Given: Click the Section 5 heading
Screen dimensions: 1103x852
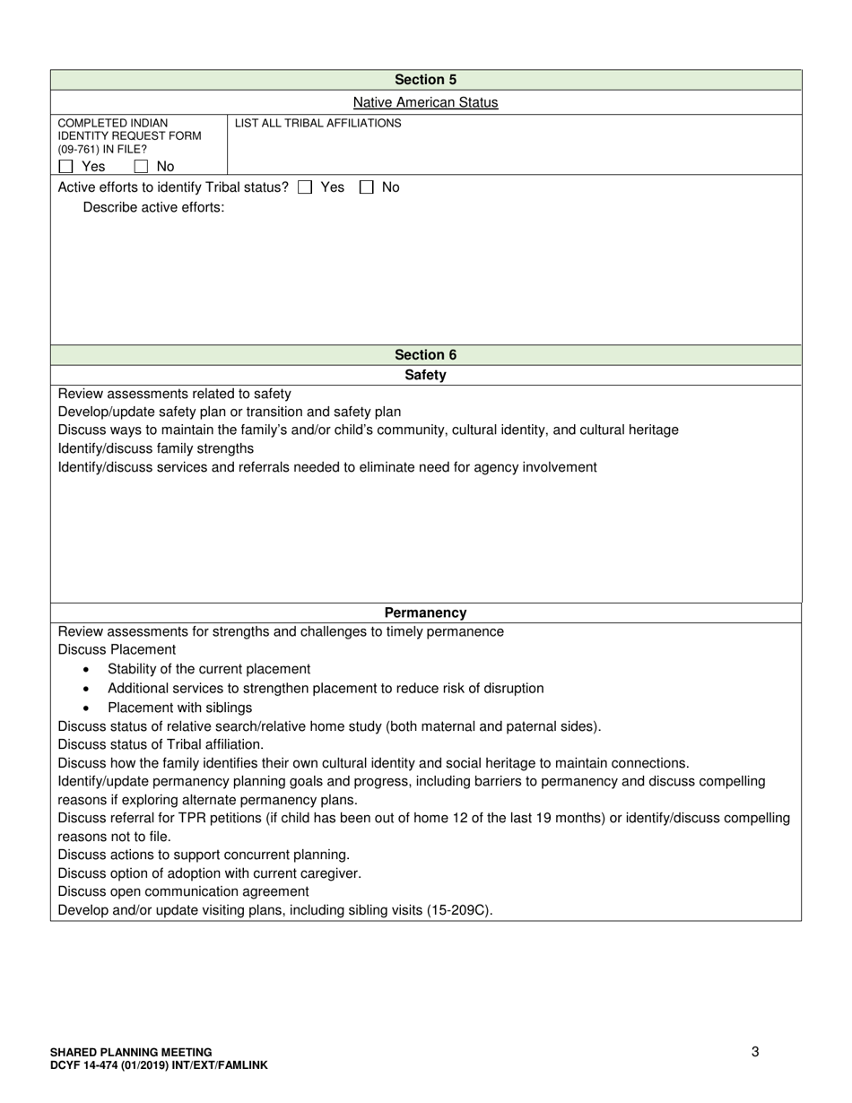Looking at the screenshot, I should [x=425, y=80].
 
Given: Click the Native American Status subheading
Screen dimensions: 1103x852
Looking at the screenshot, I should [x=425, y=102].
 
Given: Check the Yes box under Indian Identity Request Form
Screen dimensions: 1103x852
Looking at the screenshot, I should [x=65, y=167].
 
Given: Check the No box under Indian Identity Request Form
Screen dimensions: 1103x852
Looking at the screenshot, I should [x=141, y=167].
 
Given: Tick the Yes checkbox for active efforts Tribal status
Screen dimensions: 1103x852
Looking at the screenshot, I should [x=305, y=187].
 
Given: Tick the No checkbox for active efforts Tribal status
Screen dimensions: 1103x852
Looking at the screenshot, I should [x=366, y=187].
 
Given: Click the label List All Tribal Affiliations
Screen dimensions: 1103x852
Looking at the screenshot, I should [x=317, y=124].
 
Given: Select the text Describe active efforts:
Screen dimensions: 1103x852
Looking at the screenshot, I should [x=153, y=208].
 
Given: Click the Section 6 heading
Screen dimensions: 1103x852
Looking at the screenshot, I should [x=425, y=355].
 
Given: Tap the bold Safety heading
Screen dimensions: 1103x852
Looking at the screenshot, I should [x=425, y=375].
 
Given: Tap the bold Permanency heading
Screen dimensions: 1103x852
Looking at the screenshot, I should [x=425, y=613].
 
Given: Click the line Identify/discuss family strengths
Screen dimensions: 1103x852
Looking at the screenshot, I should [x=155, y=448].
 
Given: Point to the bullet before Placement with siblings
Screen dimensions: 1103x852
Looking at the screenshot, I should [x=85, y=708].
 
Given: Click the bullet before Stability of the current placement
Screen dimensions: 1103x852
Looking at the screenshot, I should [x=85, y=670].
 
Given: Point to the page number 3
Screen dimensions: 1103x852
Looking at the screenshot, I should [x=755, y=1052].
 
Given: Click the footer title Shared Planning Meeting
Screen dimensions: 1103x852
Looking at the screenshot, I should [x=131, y=1052].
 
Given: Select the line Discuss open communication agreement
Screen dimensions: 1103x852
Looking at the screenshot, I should [x=183, y=891].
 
